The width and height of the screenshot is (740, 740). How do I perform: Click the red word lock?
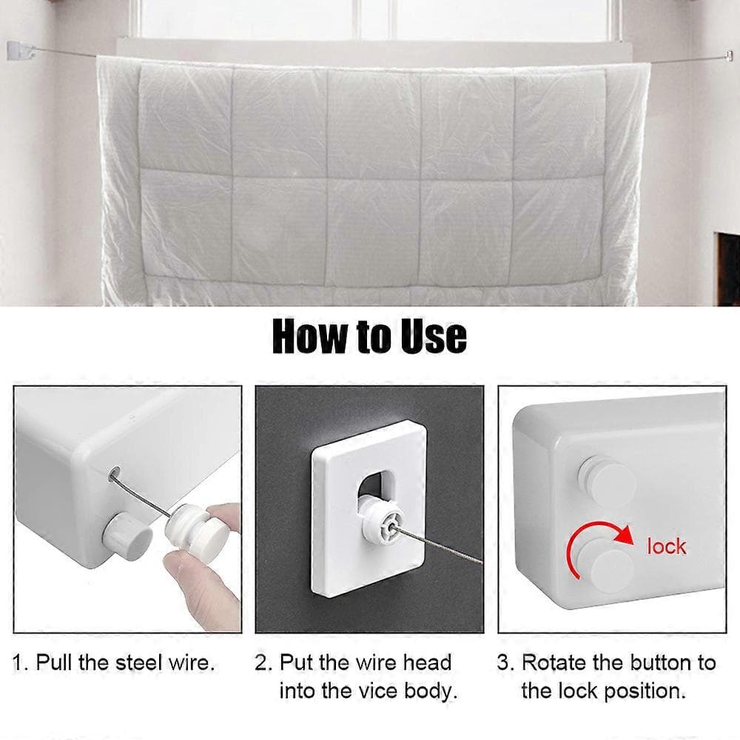(x=667, y=547)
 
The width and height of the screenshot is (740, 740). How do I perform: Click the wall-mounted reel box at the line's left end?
(x=21, y=51)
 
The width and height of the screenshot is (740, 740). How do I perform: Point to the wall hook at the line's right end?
(x=729, y=56)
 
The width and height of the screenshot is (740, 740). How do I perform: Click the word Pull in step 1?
(x=55, y=662)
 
